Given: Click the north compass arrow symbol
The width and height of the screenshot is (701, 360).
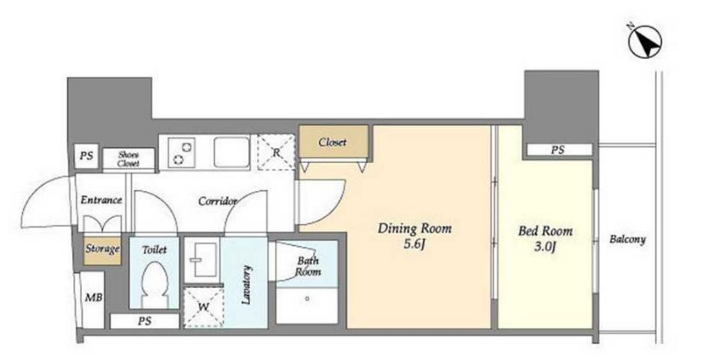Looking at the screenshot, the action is tap(645, 42).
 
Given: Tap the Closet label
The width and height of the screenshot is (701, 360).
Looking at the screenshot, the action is tap(332, 142).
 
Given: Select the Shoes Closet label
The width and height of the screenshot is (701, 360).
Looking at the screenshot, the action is tap(129, 159).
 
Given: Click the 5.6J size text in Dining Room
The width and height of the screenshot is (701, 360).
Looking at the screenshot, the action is tap(414, 244).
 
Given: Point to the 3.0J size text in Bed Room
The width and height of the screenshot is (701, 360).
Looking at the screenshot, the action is tap(545, 247).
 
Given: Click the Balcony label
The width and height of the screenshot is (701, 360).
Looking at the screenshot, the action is tap(628, 240).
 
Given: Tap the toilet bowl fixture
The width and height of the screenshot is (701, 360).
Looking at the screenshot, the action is tap(154, 284).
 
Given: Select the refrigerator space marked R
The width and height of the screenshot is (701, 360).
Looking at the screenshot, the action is tap(276, 152).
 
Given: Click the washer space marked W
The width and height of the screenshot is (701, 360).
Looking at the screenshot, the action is tap(204, 307).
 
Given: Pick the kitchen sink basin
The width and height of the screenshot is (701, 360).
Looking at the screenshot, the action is tap(232, 152).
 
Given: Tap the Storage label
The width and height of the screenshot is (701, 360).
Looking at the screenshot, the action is tap(103, 249).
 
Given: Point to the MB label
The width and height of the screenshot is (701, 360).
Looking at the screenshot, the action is tap(93, 297).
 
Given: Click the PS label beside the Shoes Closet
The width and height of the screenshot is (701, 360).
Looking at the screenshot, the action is tap(86, 156).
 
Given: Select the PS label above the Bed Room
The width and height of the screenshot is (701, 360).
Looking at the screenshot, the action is tap(558, 150).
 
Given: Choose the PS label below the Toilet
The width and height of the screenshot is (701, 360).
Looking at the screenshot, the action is tap(144, 321).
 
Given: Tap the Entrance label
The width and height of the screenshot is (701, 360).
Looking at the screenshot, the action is tap(101, 200).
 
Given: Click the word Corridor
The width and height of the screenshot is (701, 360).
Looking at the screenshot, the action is tap(217, 201).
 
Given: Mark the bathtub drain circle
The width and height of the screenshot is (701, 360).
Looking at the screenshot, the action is tap(307, 299).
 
